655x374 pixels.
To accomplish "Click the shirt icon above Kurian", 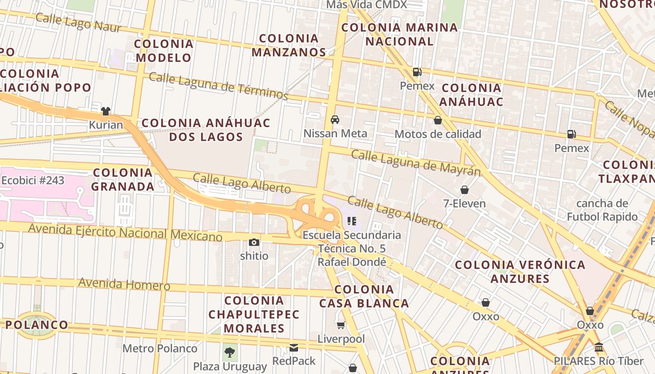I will pyautogui.click(x=106, y=111).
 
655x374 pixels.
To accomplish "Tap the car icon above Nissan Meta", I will pyautogui.click(x=335, y=119).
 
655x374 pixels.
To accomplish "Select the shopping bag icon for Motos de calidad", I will pyautogui.click(x=438, y=120).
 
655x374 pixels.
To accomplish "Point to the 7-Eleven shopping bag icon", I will pyautogui.click(x=465, y=190).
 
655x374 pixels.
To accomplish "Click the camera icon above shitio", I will pyautogui.click(x=254, y=242).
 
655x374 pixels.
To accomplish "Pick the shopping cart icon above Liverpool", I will pyautogui.click(x=341, y=325).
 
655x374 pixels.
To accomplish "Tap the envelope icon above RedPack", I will pyautogui.click(x=294, y=347).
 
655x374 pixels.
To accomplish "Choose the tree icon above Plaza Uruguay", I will pyautogui.click(x=230, y=352).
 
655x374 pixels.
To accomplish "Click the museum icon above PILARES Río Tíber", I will pyautogui.click(x=599, y=347).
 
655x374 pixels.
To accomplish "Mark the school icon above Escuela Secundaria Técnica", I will pyautogui.click(x=352, y=221).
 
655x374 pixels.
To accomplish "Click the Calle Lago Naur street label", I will pyautogui.click(x=78, y=22).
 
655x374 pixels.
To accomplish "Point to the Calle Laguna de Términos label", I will pyautogui.click(x=218, y=86).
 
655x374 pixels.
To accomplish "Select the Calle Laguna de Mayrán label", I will pyautogui.click(x=416, y=163).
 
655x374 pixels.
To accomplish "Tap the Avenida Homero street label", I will pyautogui.click(x=124, y=284).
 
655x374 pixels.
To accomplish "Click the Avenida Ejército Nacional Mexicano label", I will pyautogui.click(x=125, y=232).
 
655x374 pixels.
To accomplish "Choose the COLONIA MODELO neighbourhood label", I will pyautogui.click(x=163, y=50).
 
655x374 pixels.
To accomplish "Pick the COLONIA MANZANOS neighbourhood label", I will pyautogui.click(x=289, y=45).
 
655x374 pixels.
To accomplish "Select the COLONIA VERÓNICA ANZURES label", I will pyautogui.click(x=520, y=272).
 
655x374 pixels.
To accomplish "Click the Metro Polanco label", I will pyautogui.click(x=160, y=348).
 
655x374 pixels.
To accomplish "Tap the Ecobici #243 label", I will pyautogui.click(x=33, y=180).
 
